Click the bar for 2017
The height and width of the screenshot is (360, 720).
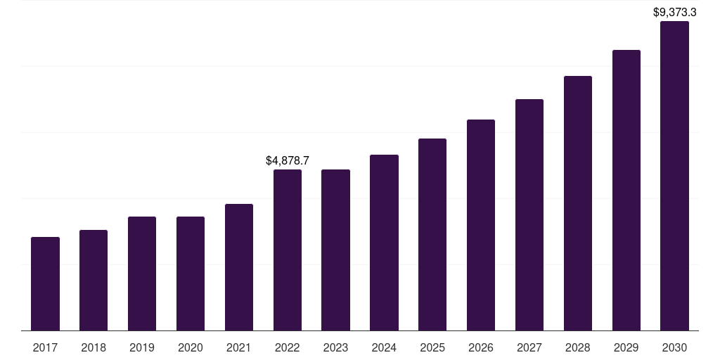[x=45, y=284]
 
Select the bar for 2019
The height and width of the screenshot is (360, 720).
[x=142, y=274]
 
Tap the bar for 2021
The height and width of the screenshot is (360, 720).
[x=239, y=267]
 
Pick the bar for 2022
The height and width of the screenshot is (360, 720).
[x=288, y=250]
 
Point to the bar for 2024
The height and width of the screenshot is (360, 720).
[x=385, y=243]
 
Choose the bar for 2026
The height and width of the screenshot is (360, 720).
[x=481, y=225]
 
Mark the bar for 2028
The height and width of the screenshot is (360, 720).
[x=578, y=203]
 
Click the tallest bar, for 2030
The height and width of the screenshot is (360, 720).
[x=674, y=176]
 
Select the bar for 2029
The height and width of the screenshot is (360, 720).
[x=626, y=190]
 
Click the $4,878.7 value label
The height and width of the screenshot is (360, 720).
[x=288, y=161]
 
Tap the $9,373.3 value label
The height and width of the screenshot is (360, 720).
[x=674, y=13]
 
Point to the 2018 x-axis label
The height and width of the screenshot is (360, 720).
[x=94, y=347]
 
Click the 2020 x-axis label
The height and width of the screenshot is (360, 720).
[x=191, y=347]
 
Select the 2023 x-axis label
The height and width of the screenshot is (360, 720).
[x=335, y=347]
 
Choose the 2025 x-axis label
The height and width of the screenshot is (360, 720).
[x=432, y=347]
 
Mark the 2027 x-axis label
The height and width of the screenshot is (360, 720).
[x=529, y=347]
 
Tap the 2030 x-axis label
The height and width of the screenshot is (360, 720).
[x=674, y=347]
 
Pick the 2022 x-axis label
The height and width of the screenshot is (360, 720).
[x=288, y=347]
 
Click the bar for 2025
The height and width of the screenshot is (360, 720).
[x=432, y=235]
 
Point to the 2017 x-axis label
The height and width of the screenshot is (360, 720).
[x=45, y=347]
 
